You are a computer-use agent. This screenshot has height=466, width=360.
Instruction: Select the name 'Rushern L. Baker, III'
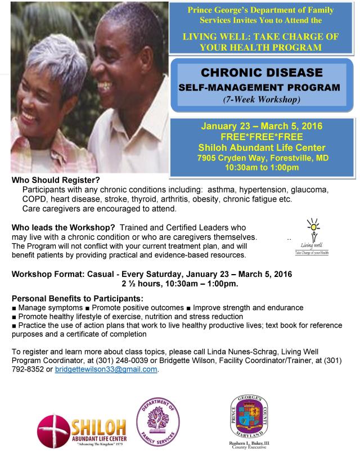(x=249, y=443)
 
